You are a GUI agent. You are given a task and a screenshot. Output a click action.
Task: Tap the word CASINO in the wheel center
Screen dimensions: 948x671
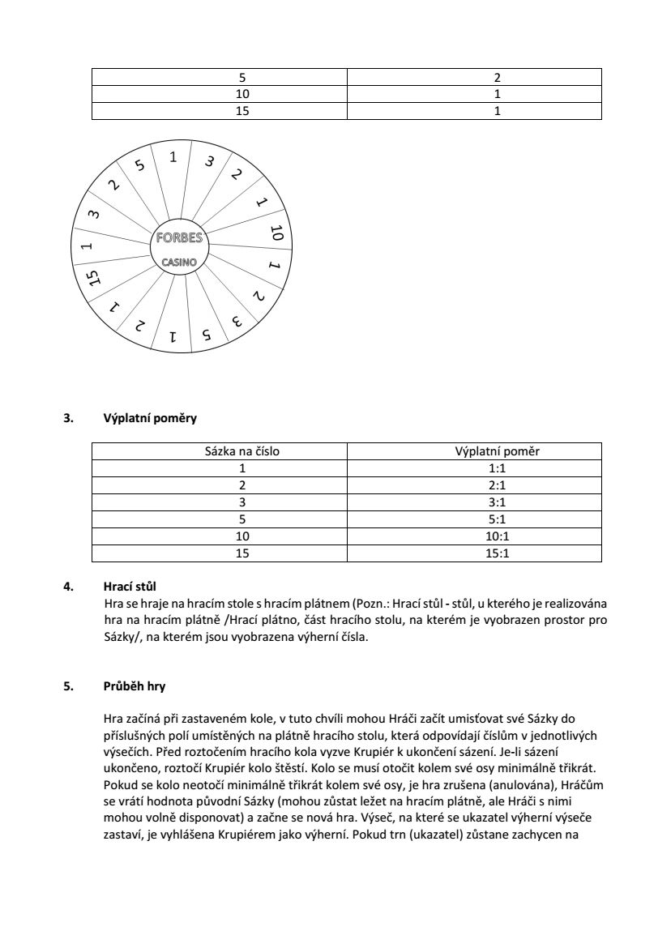click(178, 262)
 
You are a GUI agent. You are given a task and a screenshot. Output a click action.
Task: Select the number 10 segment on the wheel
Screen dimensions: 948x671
click(276, 234)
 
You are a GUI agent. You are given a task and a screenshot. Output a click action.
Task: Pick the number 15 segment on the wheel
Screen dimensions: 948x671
click(93, 279)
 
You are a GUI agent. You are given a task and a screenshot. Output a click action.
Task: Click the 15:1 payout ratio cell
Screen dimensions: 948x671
click(474, 554)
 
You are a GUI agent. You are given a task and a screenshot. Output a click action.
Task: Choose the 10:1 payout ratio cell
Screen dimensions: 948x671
click(474, 536)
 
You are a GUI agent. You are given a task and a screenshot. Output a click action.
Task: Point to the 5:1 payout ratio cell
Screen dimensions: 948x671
click(474, 519)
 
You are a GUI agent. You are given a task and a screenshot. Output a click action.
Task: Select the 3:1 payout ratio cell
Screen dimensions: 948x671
click(474, 502)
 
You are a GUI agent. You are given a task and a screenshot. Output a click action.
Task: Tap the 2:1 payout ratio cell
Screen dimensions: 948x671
click(474, 485)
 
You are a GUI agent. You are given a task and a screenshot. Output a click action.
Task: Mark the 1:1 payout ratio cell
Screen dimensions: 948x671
click(474, 468)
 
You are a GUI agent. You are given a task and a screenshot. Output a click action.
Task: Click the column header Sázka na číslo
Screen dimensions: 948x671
click(241, 451)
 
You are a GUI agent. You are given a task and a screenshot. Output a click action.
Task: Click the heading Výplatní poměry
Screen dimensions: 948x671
click(150, 419)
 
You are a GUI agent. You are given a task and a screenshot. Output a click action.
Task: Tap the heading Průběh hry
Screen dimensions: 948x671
click(135, 686)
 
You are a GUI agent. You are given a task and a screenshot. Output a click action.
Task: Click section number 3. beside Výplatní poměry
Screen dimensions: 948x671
click(68, 419)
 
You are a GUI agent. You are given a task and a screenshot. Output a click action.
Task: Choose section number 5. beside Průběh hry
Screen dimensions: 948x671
click(68, 686)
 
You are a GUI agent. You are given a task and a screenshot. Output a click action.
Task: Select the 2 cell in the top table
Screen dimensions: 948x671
click(497, 78)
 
